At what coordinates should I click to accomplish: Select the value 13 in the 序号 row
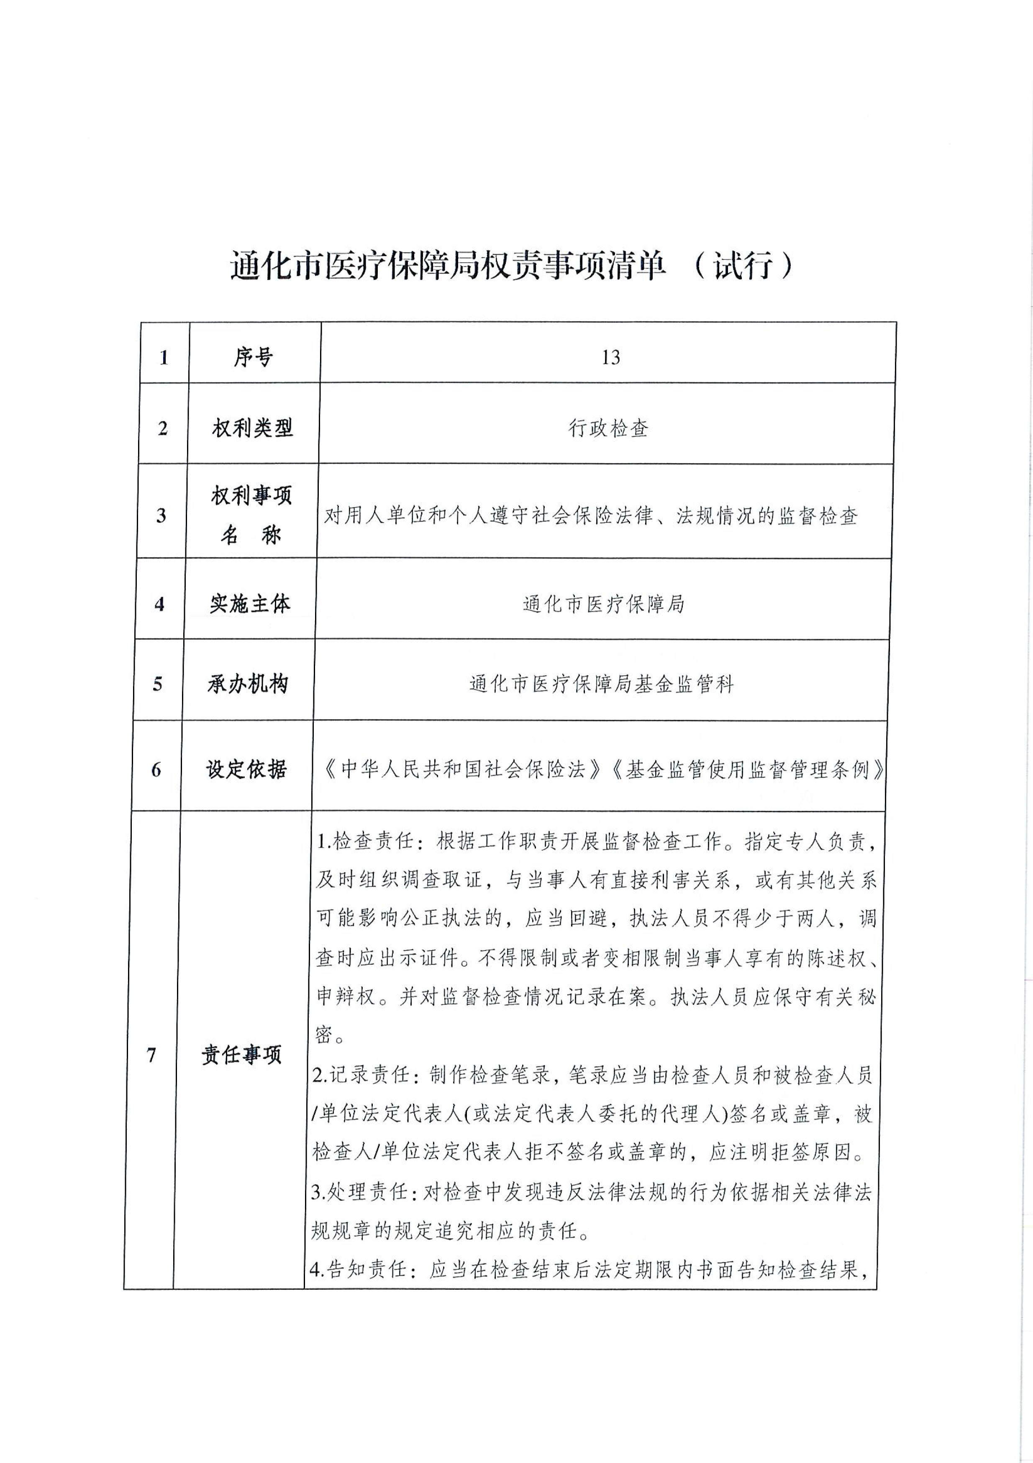pyautogui.click(x=610, y=357)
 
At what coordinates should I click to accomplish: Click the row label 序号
pyautogui.click(x=253, y=357)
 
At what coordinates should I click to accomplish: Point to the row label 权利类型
pyautogui.click(x=252, y=428)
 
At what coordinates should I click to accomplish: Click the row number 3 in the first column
pyautogui.click(x=161, y=515)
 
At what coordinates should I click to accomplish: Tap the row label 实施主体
pyautogui.click(x=250, y=603)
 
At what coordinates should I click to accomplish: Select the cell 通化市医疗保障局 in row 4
pyautogui.click(x=603, y=603)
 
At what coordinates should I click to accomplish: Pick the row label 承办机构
pyautogui.click(x=248, y=684)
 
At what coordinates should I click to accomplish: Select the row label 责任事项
pyautogui.click(x=241, y=1055)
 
